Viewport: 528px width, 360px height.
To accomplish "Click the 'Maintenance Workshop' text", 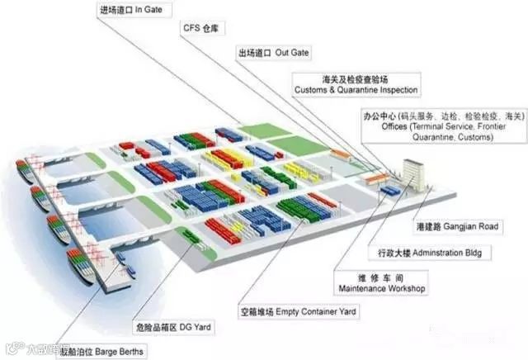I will click(x=381, y=289).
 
